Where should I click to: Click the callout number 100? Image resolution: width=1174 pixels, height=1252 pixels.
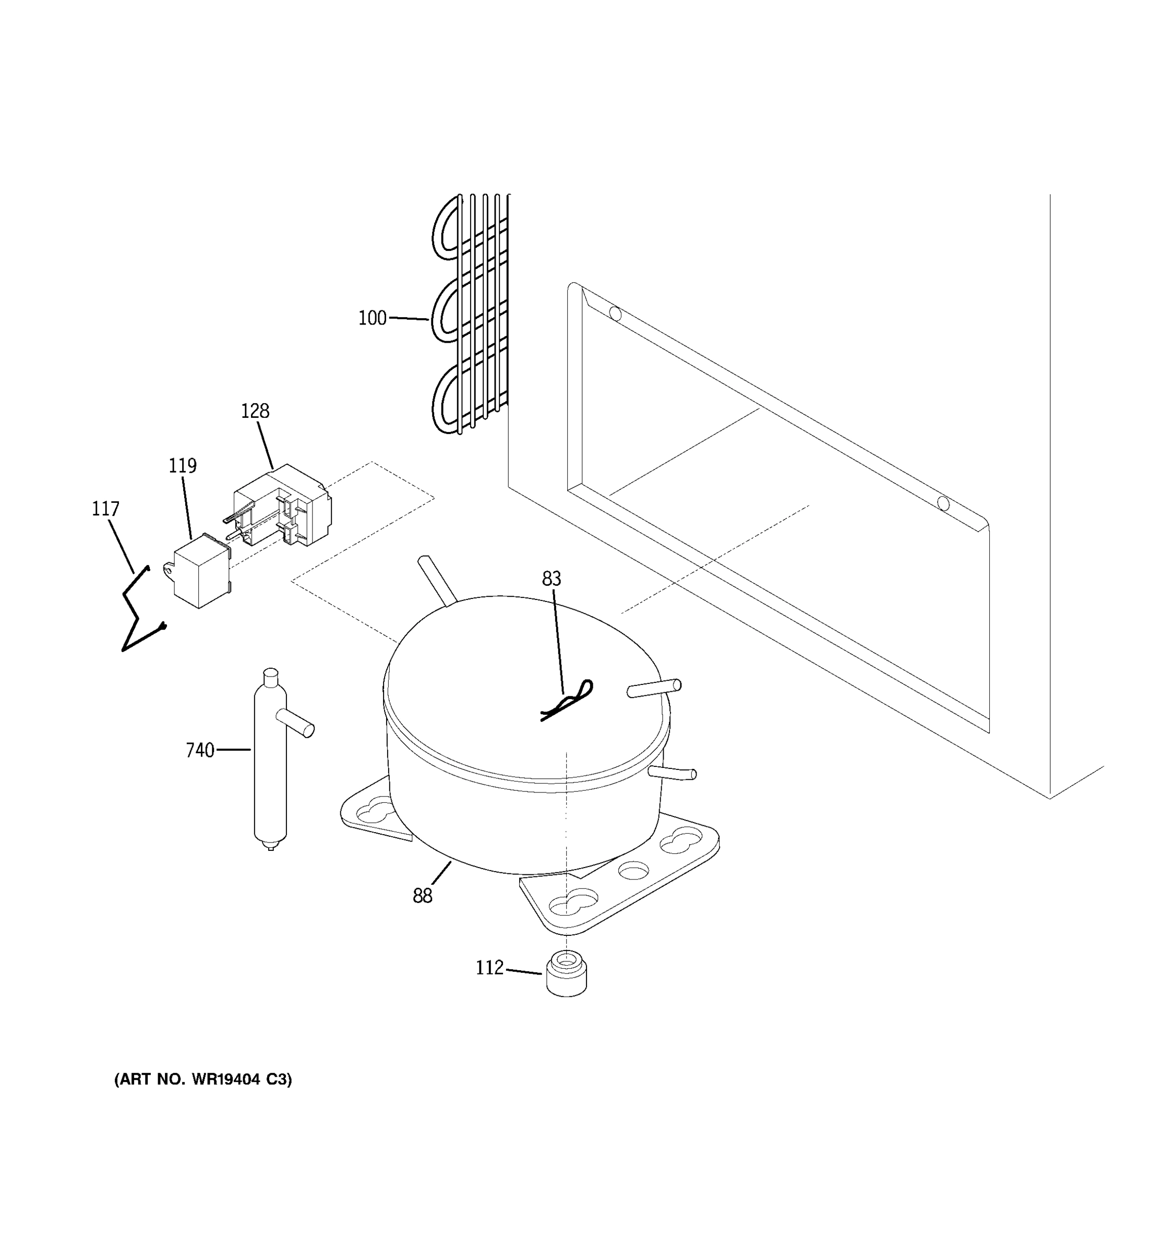coord(372,318)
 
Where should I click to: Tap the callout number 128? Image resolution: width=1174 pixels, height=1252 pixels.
coord(255,411)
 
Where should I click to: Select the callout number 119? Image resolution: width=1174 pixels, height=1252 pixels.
coord(182,466)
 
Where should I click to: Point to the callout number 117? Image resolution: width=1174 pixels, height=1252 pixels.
coord(105,509)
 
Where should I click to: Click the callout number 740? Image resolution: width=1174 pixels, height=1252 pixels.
coord(200,750)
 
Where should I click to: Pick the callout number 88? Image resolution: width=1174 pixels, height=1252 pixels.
coord(422,896)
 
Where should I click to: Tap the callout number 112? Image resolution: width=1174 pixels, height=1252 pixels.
coord(489,967)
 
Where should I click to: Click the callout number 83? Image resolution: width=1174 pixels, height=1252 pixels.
coord(551,579)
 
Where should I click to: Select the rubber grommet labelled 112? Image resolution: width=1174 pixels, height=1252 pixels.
coord(566,976)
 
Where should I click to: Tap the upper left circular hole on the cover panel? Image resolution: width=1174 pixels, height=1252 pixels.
coord(615,314)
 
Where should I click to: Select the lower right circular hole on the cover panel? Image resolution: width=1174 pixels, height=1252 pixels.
coord(943,503)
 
